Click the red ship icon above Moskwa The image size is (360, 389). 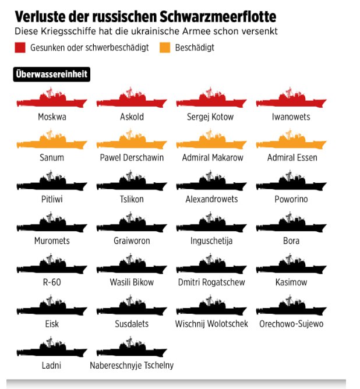pyautogui.click(x=52, y=100)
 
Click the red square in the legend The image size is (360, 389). pyautogui.click(x=20, y=48)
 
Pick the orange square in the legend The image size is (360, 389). pyautogui.click(x=165, y=48)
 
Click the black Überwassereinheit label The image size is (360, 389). pyautogui.click(x=51, y=74)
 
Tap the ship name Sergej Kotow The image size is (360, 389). pyautogui.click(x=210, y=117)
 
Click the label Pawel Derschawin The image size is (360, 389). pyautogui.click(x=132, y=158)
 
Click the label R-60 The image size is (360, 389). pyautogui.click(x=52, y=282)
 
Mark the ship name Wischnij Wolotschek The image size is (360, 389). pyautogui.click(x=211, y=324)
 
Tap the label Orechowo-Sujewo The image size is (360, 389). pyautogui.click(x=291, y=324)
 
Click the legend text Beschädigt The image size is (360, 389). pyautogui.click(x=194, y=48)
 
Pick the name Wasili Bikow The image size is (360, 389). pyautogui.click(x=132, y=282)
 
